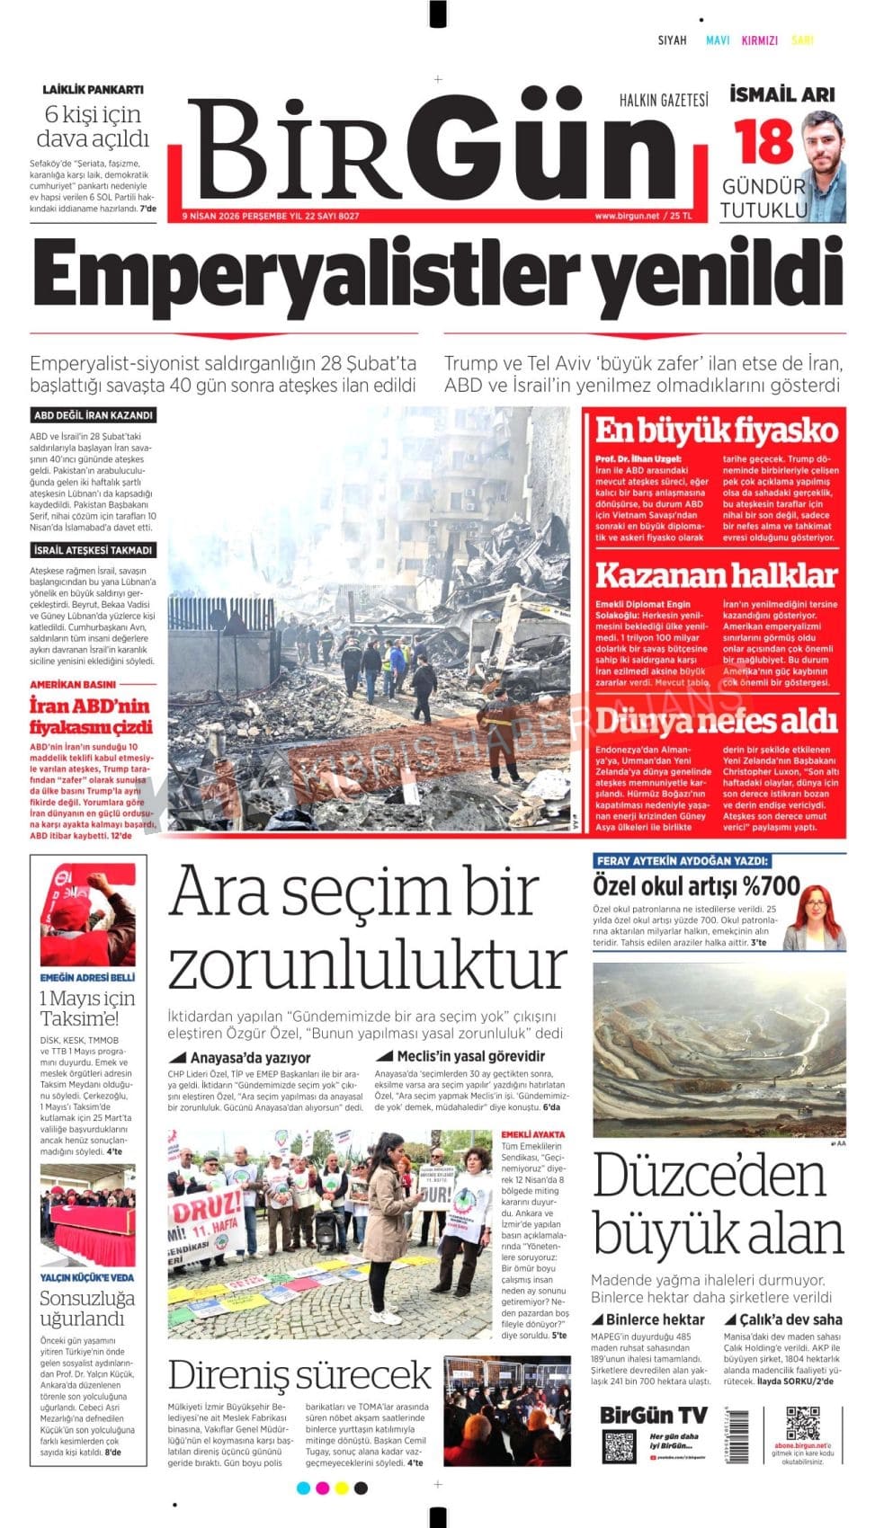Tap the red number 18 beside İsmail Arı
tap(763, 141)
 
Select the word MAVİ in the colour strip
tap(718, 40)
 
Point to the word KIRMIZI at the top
tap(760, 40)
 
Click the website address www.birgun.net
tap(627, 216)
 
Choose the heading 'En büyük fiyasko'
tap(716, 431)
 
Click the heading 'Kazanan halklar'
tap(716, 574)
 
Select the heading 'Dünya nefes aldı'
tap(716, 721)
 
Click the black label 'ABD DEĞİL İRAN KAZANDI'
tap(94, 415)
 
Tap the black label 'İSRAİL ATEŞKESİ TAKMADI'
tap(94, 550)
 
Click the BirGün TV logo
tap(654, 1415)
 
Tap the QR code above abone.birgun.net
tap(803, 1424)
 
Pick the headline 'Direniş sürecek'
tap(299, 1376)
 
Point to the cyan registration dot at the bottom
tap(303, 1488)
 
